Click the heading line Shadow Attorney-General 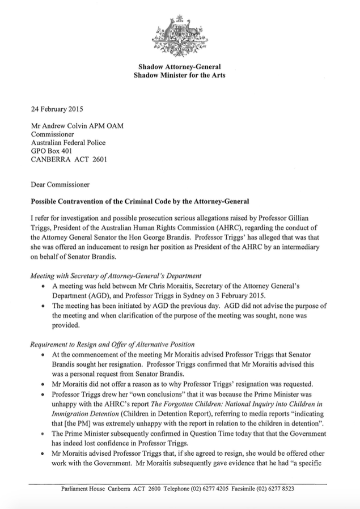pos(180,66)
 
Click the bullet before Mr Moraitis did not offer pos(44,384)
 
